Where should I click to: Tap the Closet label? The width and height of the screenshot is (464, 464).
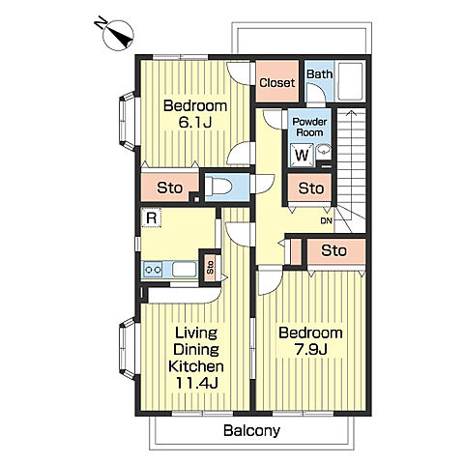click(x=277, y=83)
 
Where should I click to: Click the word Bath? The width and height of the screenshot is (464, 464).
click(x=319, y=74)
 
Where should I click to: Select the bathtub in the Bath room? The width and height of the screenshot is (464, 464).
click(x=350, y=80)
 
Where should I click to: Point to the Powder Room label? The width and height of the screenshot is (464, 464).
click(x=309, y=127)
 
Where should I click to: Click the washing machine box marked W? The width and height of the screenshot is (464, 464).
click(x=302, y=155)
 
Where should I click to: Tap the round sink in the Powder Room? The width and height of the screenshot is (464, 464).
click(x=323, y=150)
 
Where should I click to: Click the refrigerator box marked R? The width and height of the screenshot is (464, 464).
click(x=151, y=217)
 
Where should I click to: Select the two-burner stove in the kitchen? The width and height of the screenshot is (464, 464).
click(x=153, y=269)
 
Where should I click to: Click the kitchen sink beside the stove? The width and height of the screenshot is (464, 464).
click(x=185, y=269)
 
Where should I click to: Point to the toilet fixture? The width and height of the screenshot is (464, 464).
click(x=218, y=187)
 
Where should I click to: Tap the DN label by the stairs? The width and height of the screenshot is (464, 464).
click(x=326, y=221)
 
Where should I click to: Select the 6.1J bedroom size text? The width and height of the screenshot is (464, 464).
click(x=195, y=123)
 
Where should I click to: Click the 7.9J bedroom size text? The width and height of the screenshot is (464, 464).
click(x=311, y=349)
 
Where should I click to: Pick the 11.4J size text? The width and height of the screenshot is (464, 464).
click(x=197, y=383)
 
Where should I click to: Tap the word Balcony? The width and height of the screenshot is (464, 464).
click(x=252, y=431)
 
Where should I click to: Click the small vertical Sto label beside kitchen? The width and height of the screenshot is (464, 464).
click(x=210, y=268)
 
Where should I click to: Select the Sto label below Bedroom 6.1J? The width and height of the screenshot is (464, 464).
click(x=169, y=188)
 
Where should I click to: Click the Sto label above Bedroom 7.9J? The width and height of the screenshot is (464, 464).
click(x=333, y=250)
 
